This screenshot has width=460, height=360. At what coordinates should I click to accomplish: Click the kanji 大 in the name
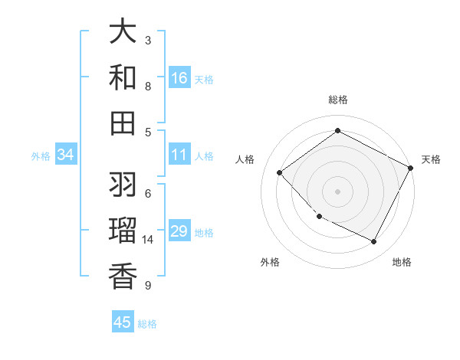click(x=123, y=32)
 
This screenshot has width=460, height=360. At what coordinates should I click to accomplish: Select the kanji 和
click(x=123, y=78)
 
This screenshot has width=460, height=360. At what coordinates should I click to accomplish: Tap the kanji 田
click(x=123, y=123)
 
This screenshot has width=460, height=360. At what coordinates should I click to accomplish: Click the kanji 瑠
click(x=123, y=231)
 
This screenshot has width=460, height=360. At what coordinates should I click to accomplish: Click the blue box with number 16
click(x=179, y=78)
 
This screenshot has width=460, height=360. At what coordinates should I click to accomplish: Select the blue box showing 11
click(x=179, y=155)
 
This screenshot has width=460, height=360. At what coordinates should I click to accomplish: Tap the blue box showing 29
click(x=179, y=231)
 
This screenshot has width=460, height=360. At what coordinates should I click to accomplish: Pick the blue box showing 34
click(x=66, y=155)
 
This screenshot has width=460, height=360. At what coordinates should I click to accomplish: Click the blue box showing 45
click(x=123, y=322)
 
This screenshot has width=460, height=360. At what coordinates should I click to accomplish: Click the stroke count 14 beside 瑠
click(x=148, y=240)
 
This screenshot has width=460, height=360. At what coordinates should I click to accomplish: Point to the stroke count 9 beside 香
click(x=148, y=286)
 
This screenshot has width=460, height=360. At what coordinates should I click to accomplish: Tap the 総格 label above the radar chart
click(x=337, y=100)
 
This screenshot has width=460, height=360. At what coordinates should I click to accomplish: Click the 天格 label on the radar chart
click(x=431, y=159)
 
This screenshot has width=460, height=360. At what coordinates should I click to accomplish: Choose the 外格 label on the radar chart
click(x=270, y=262)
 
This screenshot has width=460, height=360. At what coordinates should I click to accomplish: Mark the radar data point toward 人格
click(x=280, y=172)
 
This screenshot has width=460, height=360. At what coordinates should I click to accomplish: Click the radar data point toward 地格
click(x=373, y=242)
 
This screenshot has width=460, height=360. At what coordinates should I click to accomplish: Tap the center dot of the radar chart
click(x=337, y=191)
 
